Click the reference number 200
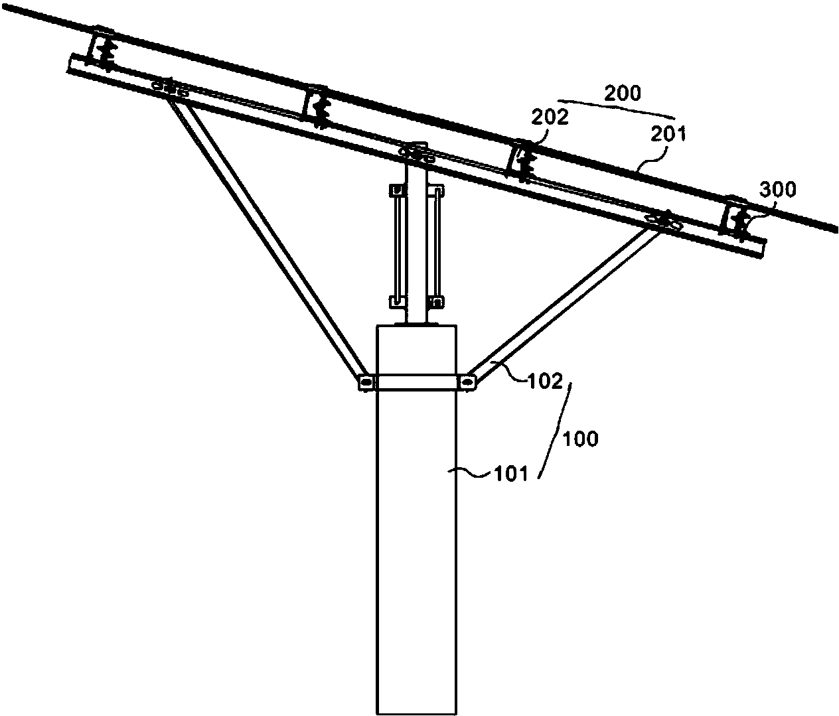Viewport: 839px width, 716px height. tap(623, 93)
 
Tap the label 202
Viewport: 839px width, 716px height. tap(550, 117)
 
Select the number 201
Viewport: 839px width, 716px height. tap(668, 133)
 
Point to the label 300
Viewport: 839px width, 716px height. tap(778, 190)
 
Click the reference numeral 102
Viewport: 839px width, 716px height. tap(544, 381)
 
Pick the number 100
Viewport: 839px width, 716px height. tap(581, 439)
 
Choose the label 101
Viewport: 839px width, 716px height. tap(510, 473)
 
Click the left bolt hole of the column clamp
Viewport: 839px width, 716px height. tap(366, 382)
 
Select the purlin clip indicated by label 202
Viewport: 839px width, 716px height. tap(521, 160)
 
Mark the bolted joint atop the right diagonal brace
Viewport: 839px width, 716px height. tap(663, 220)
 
